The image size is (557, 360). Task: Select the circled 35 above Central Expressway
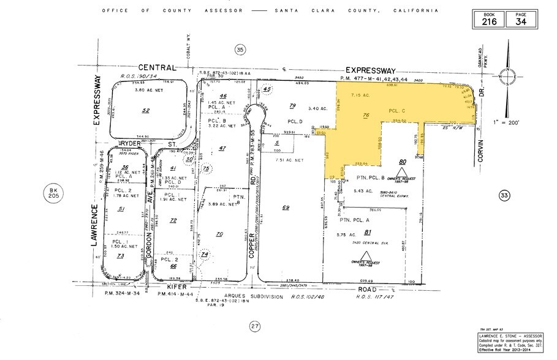pos(240,49)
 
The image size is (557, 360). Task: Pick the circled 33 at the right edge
pos(504,195)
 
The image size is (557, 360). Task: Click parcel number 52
pos(146,110)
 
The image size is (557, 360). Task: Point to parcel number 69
pos(286,208)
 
